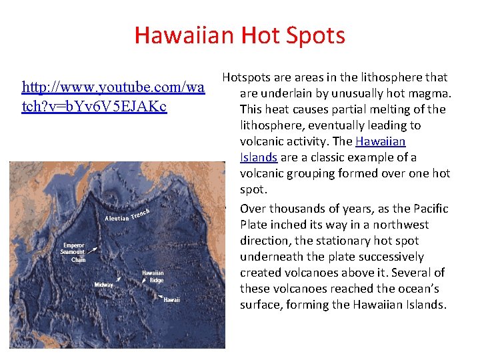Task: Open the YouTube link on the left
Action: pos(113,97)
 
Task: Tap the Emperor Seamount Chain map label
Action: pos(73,252)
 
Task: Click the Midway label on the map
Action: pos(103,285)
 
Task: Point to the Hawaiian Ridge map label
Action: pos(153,277)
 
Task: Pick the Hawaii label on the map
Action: pos(171,300)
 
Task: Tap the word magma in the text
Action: pos(433,93)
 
